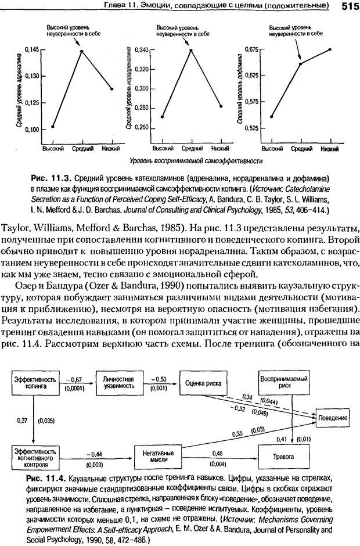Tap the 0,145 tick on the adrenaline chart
[33, 50]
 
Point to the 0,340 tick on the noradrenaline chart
[141, 50]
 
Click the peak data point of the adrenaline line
[81, 51]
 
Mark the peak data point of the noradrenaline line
[190, 51]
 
